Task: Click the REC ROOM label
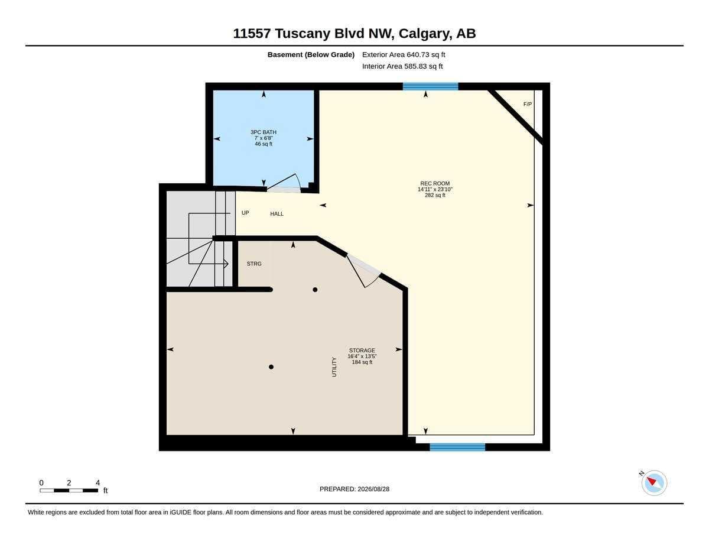click(x=435, y=183)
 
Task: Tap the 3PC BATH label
click(x=264, y=132)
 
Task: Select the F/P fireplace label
click(x=528, y=104)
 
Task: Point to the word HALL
click(x=277, y=214)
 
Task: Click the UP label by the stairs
click(x=245, y=213)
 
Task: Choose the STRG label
click(x=254, y=264)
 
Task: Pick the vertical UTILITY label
click(x=334, y=367)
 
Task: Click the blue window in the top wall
click(x=430, y=86)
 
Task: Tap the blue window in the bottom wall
click(x=457, y=447)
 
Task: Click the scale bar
click(x=69, y=490)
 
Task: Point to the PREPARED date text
click(x=354, y=489)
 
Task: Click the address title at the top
click(x=354, y=33)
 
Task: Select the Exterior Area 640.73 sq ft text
click(x=404, y=54)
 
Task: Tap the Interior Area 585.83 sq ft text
click(x=402, y=66)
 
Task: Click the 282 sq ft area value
click(x=435, y=195)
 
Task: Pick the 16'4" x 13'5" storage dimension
click(x=362, y=356)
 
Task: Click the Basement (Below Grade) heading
click(x=311, y=54)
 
